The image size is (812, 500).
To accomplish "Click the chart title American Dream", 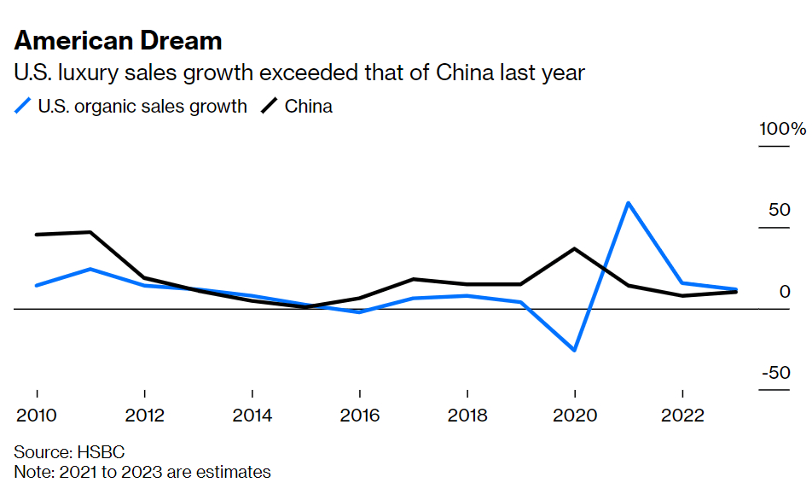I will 118,40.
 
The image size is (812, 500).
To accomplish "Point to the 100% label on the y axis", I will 783,130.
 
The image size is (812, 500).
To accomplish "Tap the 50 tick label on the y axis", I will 780,211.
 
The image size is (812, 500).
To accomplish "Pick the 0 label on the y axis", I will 786,293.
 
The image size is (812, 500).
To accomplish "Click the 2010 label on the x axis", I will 37,416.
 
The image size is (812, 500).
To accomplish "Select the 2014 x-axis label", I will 252,416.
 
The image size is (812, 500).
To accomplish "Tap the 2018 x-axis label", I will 467,416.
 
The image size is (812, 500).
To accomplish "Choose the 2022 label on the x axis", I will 682,416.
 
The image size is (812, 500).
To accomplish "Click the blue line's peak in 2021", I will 629,203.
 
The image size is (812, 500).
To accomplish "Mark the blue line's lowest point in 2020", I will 575,350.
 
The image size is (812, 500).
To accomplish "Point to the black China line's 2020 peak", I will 575,248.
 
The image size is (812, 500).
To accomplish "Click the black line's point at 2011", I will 90,232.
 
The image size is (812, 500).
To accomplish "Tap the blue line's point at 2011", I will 90,269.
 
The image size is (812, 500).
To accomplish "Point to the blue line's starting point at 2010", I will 37,285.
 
